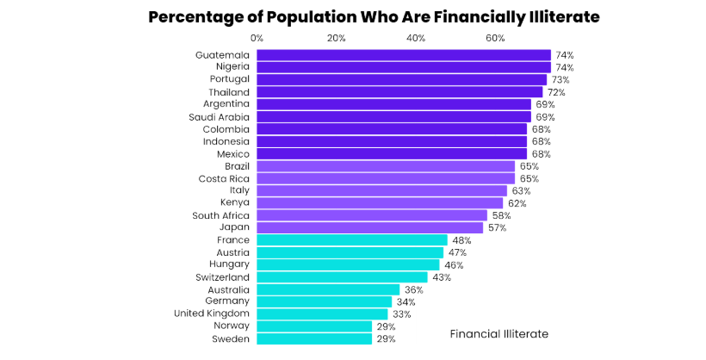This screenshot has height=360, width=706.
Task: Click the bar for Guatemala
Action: click(403, 55)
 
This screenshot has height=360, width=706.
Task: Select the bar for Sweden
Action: click(314, 339)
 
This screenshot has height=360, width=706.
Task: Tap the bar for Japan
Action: click(369, 227)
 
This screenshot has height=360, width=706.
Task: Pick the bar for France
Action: click(351, 240)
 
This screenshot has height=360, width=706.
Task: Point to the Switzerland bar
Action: click(342, 277)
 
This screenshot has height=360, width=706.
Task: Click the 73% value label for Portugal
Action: click(560, 79)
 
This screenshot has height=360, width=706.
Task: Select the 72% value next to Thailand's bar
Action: click(555, 92)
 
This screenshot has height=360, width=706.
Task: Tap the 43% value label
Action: click(441, 277)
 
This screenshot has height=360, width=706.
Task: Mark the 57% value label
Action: click(497, 227)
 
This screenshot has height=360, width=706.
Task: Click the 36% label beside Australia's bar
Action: click(413, 290)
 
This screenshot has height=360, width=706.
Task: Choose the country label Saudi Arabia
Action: click(219, 116)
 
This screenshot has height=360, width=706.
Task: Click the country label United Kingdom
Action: click(211, 314)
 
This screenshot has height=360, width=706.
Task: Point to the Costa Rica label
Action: click(224, 178)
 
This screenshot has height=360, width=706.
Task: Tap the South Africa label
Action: click(220, 215)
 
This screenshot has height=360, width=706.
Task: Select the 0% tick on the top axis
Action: click(257, 38)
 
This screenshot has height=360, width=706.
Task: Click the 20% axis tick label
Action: click(336, 38)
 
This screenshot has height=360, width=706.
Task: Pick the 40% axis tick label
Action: click(416, 38)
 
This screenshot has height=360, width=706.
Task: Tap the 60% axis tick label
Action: click(495, 38)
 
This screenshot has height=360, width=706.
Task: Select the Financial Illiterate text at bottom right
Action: click(499, 333)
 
